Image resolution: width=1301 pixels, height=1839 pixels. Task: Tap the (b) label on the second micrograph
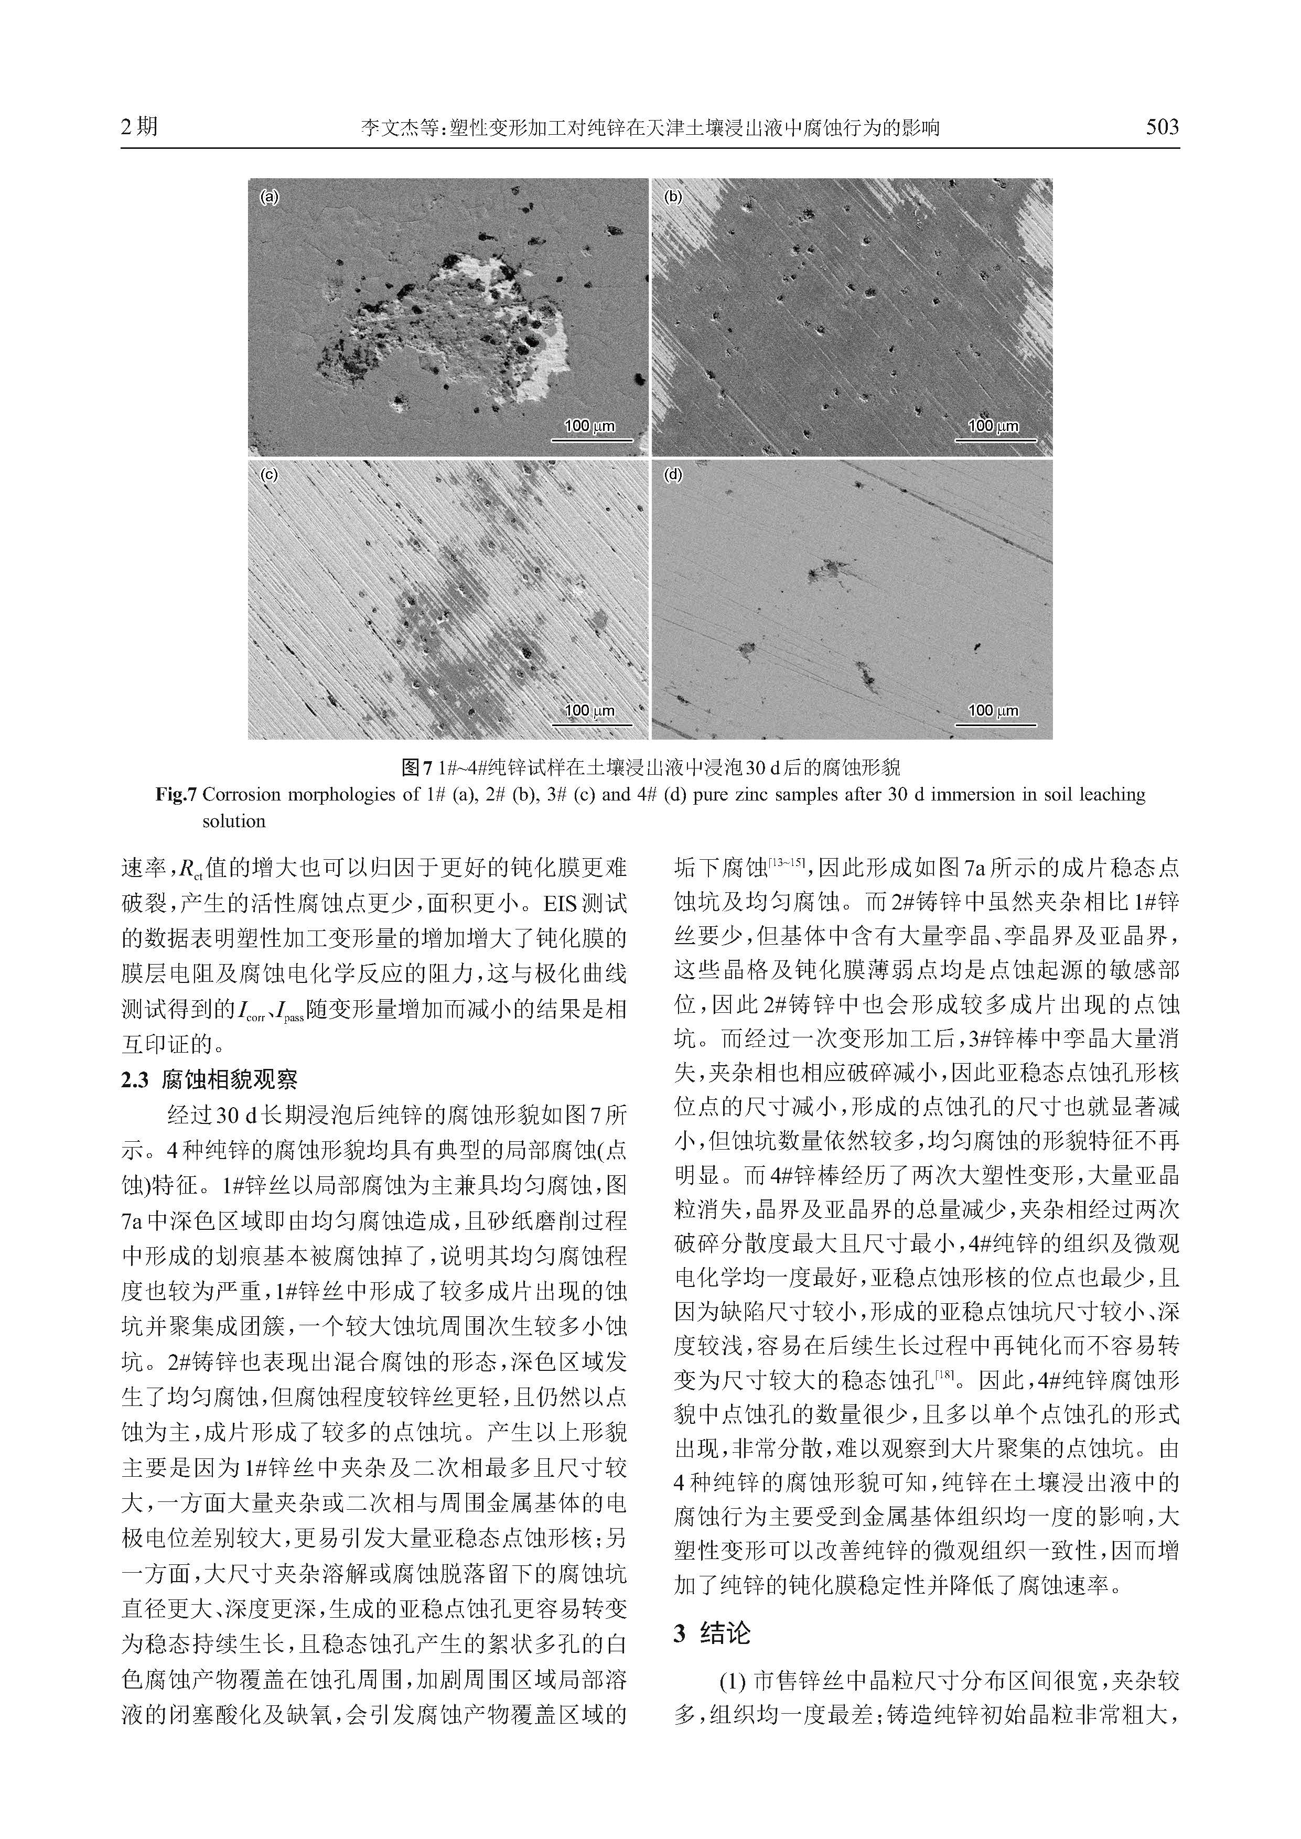tap(674, 196)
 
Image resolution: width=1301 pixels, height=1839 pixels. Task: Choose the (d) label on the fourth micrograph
tap(674, 475)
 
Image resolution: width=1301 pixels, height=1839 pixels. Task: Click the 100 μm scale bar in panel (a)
tap(590, 432)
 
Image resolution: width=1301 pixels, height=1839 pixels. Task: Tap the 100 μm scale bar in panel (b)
tap(994, 432)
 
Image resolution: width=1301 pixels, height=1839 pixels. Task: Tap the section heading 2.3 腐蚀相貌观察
tap(209, 1080)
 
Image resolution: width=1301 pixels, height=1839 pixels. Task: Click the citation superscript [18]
tap(945, 1375)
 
